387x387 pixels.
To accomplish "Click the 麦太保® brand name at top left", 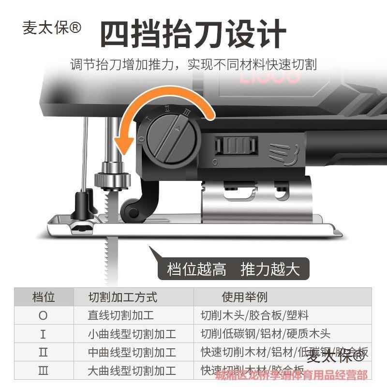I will [52, 28].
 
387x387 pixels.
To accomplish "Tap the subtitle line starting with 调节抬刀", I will [193, 64].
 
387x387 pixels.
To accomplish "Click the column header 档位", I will [44, 297].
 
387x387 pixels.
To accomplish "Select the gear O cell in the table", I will [44, 315].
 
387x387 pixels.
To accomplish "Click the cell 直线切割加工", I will [121, 315].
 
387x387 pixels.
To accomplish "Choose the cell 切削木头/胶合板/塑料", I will [254, 315].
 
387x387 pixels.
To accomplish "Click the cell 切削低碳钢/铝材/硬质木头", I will [265, 334].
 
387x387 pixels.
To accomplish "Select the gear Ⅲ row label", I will [44, 371].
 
